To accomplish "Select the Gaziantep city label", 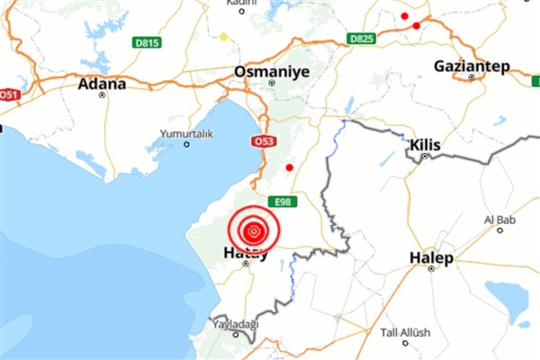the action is (472, 66).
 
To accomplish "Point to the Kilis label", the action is (424, 144).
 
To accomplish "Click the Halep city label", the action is (431, 257).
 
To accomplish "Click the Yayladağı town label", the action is (236, 323).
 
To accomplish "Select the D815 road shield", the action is (146, 41).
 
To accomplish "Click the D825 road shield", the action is (361, 39).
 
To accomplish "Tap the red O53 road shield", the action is (264, 141).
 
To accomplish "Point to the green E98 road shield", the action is (282, 202).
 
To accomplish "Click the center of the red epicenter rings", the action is (255, 230).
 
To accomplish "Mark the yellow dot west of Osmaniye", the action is (223, 37).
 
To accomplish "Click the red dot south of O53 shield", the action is (289, 167).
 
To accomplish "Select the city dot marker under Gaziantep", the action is (472, 77).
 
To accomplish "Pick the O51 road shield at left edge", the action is (9, 94).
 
